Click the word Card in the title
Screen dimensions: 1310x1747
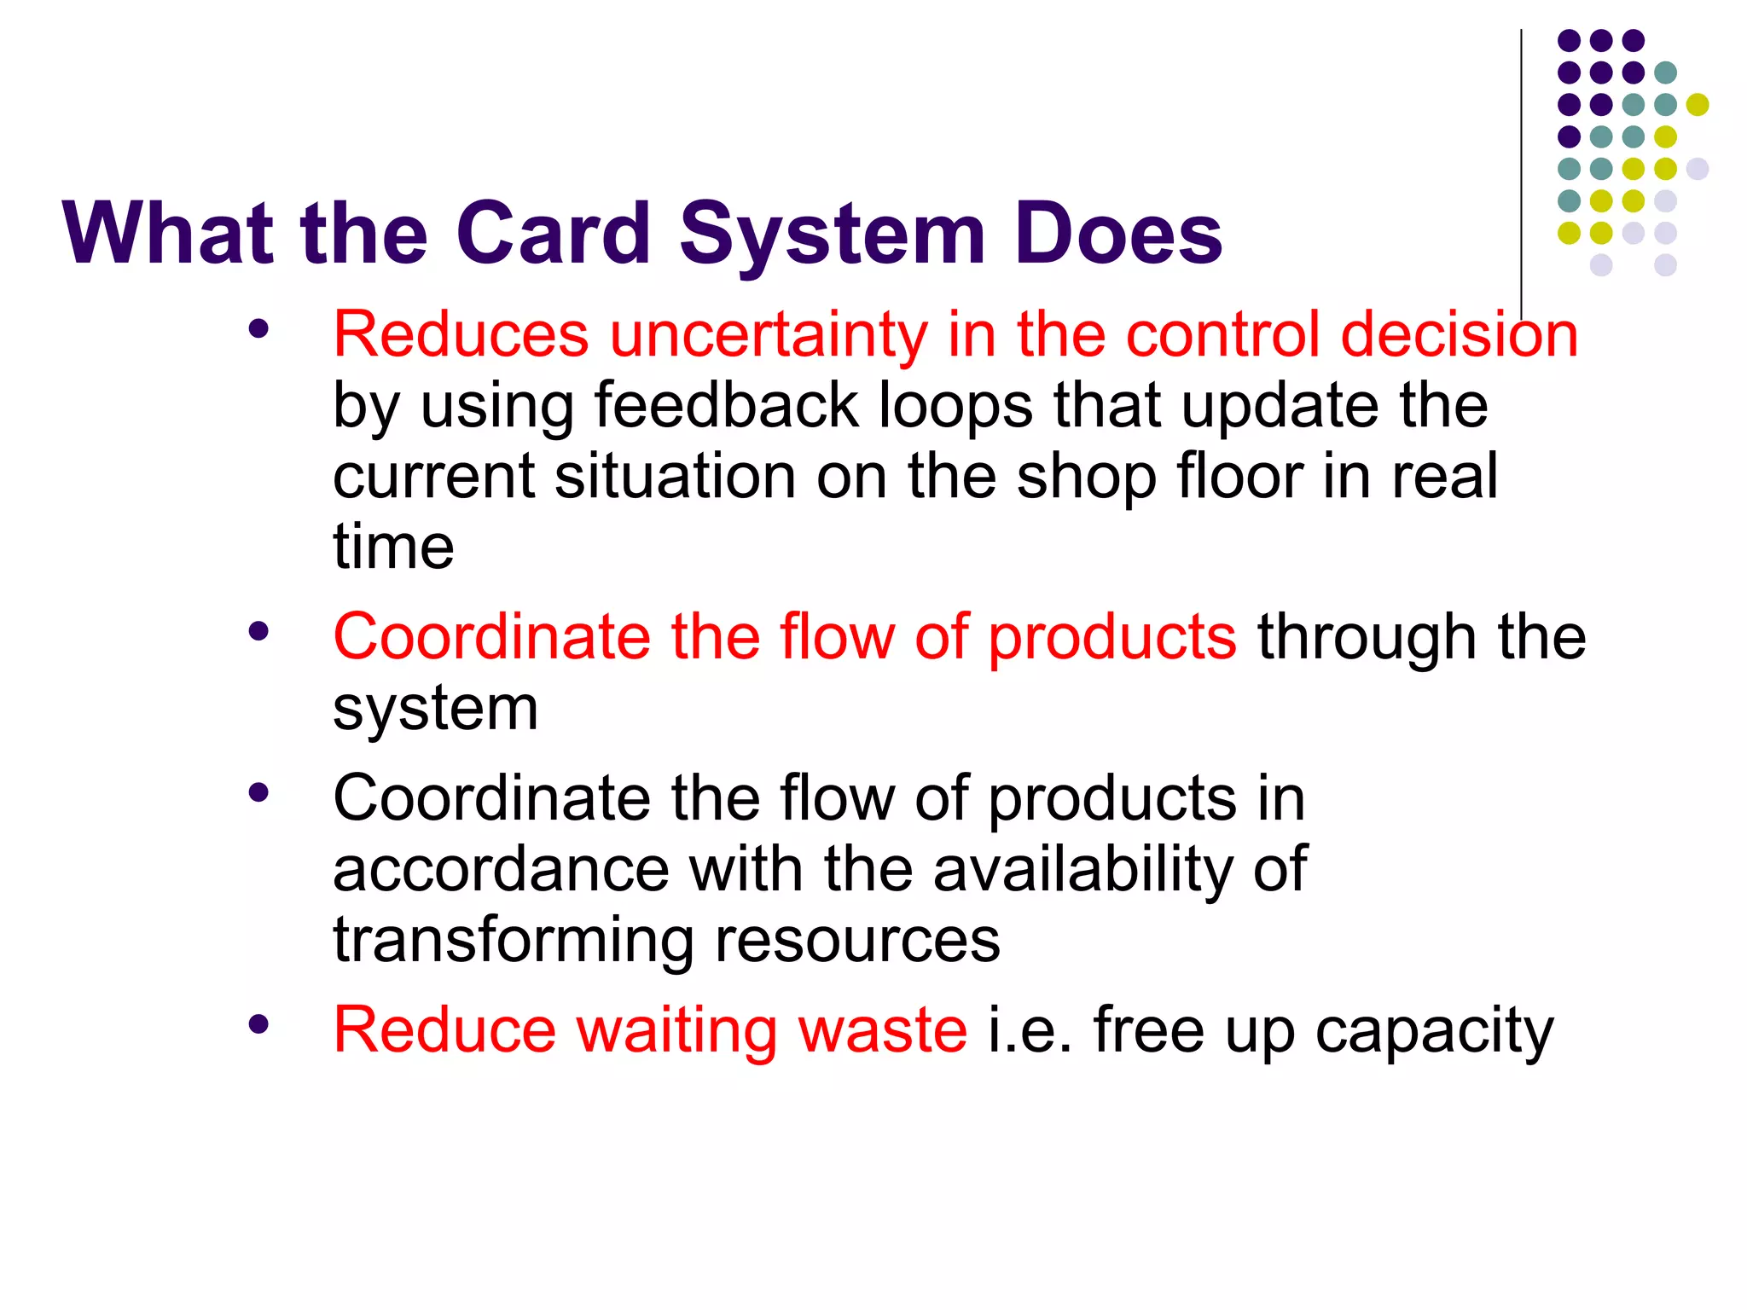pyautogui.click(x=554, y=233)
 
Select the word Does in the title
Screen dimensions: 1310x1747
pyautogui.click(x=1118, y=233)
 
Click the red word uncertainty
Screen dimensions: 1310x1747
pyautogui.click(x=768, y=334)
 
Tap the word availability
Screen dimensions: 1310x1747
pyautogui.click(x=1082, y=871)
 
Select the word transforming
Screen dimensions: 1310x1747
pyautogui.click(x=513, y=942)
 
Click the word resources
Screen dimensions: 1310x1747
pyautogui.click(x=857, y=942)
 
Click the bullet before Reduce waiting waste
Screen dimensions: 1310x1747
pyautogui.click(x=258, y=1024)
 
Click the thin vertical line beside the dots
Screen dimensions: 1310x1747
pyautogui.click(x=1521, y=171)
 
